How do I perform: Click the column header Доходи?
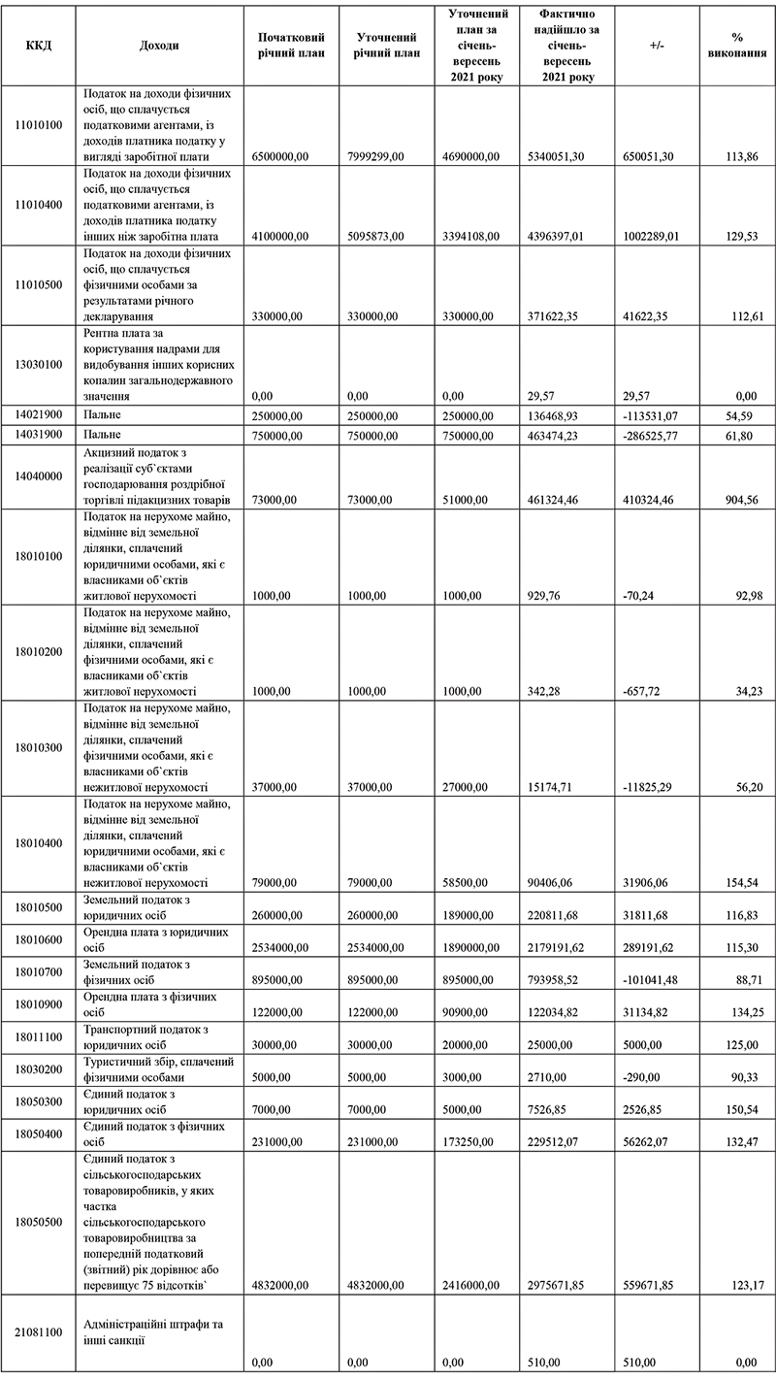click(159, 46)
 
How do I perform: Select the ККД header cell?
click(40, 46)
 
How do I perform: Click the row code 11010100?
click(40, 125)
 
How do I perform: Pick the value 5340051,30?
click(554, 156)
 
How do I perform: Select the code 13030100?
click(40, 364)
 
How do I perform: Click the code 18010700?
click(40, 970)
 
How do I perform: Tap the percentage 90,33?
click(741, 1075)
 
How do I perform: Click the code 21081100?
click(40, 1333)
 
